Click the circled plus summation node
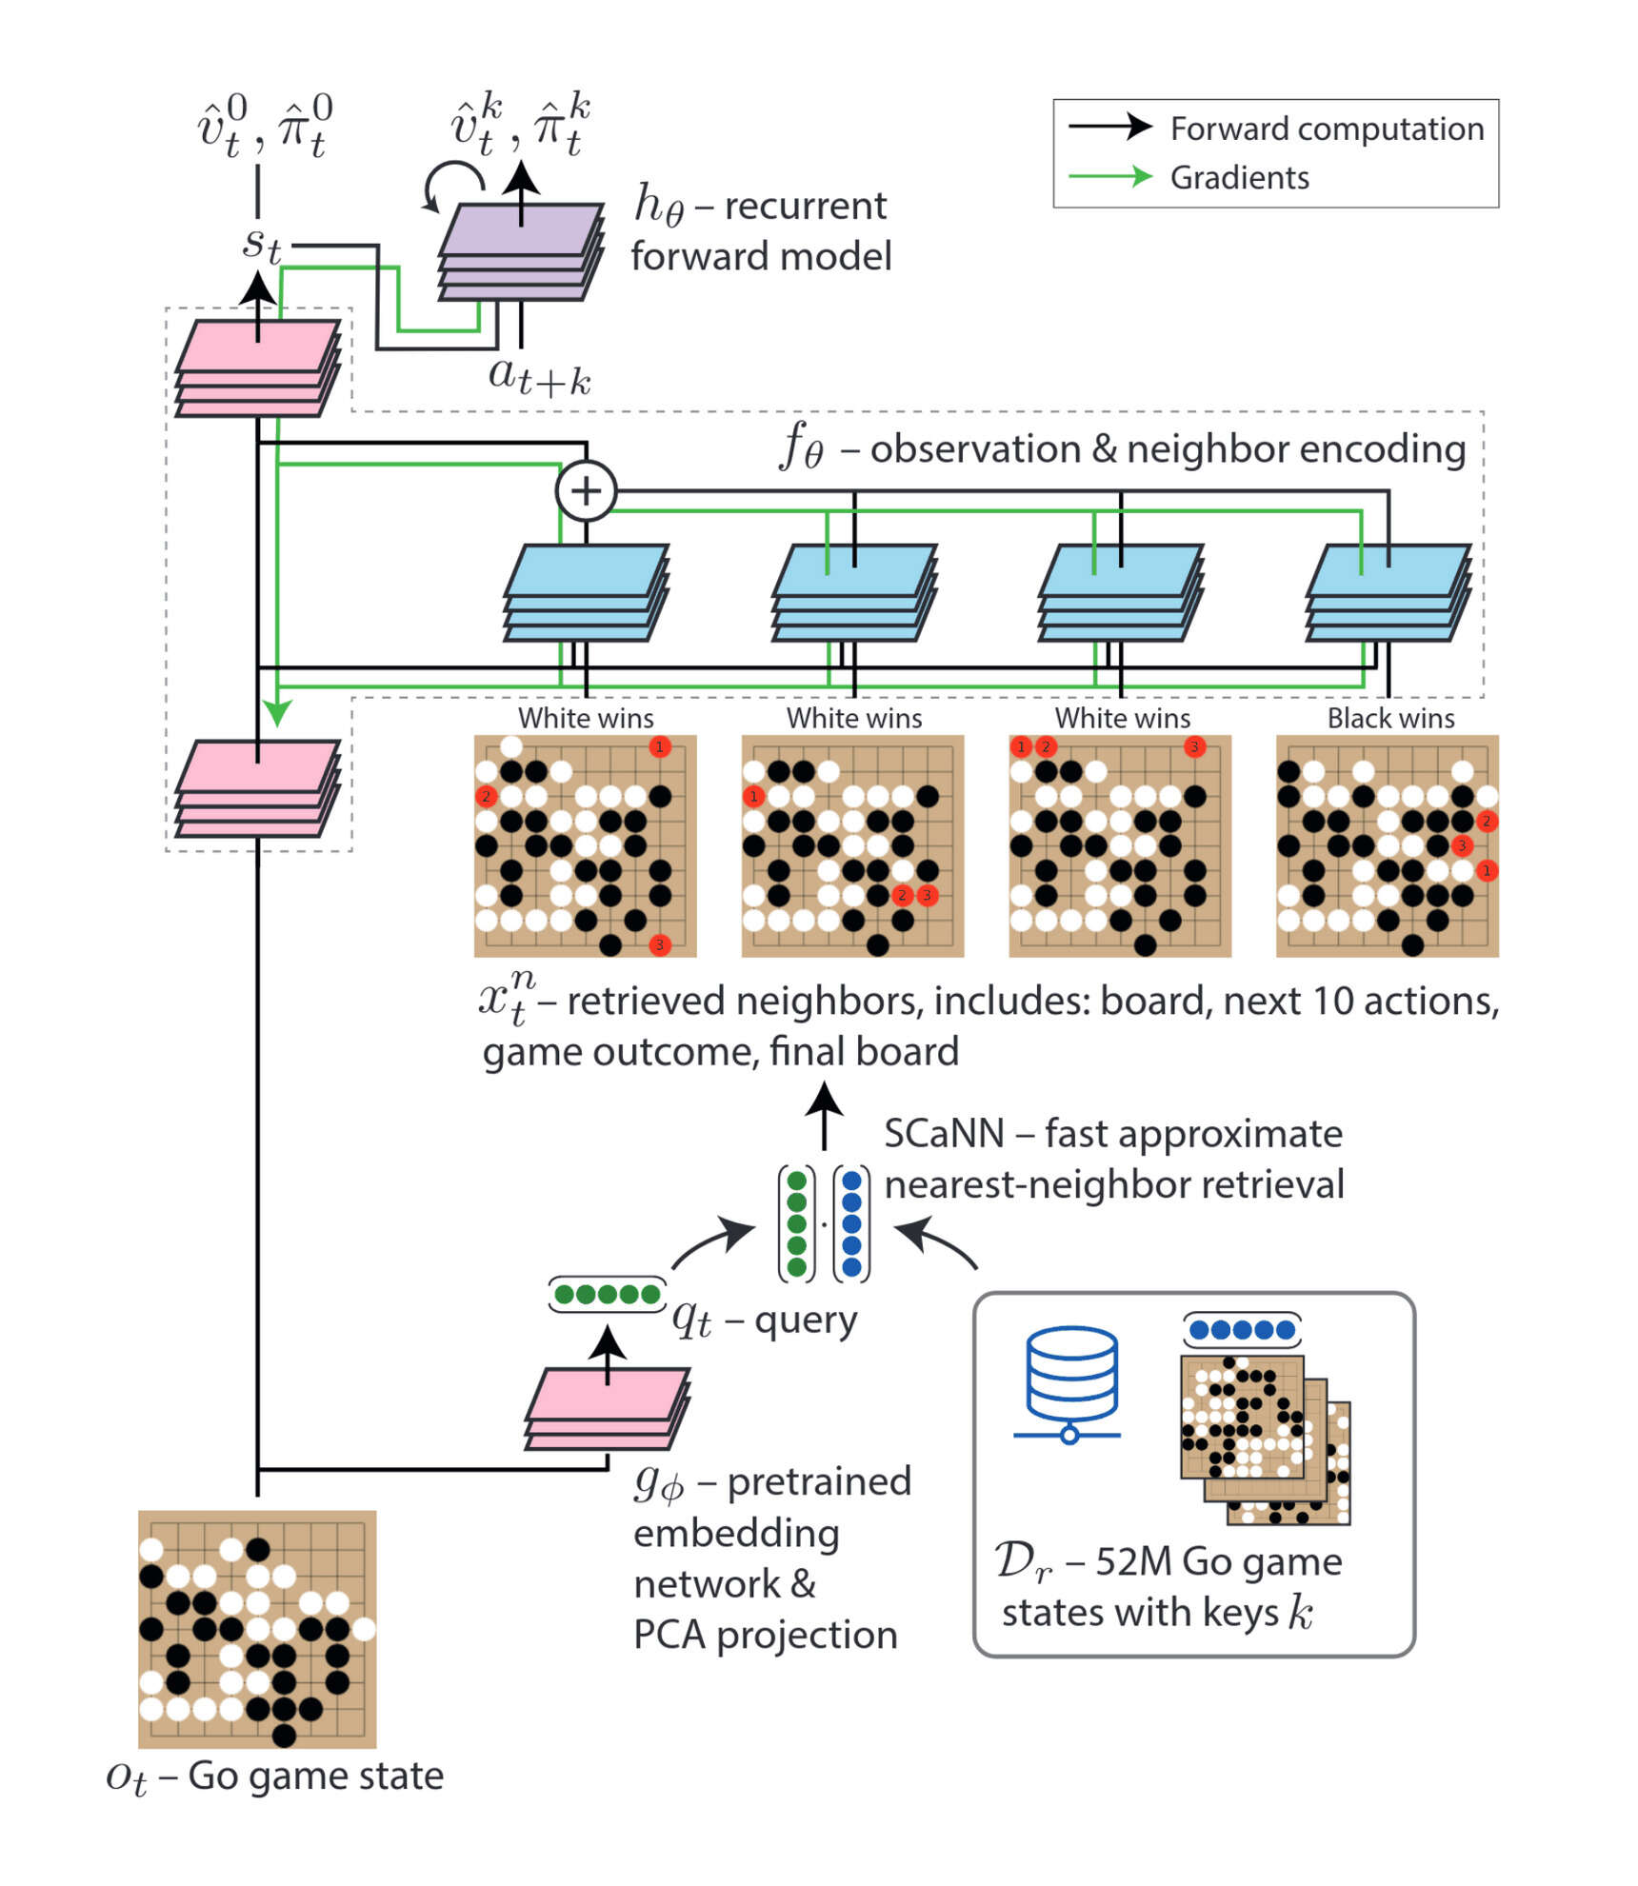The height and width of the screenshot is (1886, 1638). pyautogui.click(x=585, y=490)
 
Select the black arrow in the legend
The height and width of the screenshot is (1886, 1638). pyautogui.click(x=1109, y=126)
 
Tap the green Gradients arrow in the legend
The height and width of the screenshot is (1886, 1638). pyautogui.click(x=1109, y=176)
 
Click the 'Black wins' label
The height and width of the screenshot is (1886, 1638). pyautogui.click(x=1389, y=718)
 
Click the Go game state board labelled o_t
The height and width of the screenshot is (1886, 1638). pyautogui.click(x=257, y=1627)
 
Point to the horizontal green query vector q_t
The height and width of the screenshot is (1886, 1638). pyautogui.click(x=607, y=1294)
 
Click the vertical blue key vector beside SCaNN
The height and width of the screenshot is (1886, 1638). pyautogui.click(x=851, y=1222)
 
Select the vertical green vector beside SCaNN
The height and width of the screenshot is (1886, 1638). pyautogui.click(x=796, y=1222)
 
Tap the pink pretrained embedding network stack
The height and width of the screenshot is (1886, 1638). pyautogui.click(x=607, y=1409)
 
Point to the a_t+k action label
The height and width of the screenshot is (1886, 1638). pyautogui.click(x=539, y=376)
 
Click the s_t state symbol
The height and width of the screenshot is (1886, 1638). pyautogui.click(x=260, y=244)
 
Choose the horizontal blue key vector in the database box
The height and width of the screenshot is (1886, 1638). pyautogui.click(x=1241, y=1329)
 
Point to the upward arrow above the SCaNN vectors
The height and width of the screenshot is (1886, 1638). pyautogui.click(x=824, y=1114)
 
